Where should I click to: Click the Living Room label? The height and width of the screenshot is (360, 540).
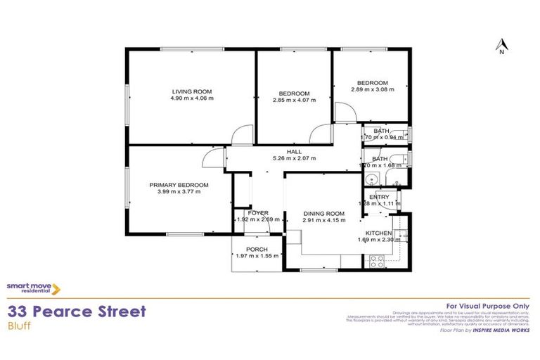click(x=192, y=91)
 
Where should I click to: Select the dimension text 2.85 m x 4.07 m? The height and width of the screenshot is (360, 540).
click(x=294, y=101)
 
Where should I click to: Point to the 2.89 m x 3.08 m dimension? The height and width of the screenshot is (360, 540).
click(x=373, y=89)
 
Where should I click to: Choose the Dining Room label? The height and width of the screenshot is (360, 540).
click(x=323, y=214)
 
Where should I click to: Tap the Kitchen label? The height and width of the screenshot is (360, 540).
click(x=378, y=233)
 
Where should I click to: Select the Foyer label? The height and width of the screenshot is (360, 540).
click(x=257, y=212)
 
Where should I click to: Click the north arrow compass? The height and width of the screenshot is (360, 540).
click(x=501, y=46)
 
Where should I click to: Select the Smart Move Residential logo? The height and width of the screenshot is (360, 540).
click(x=33, y=288)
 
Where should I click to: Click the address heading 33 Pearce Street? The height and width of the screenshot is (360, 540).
click(x=77, y=311)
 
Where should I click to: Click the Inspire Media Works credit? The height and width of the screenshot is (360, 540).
click(x=500, y=329)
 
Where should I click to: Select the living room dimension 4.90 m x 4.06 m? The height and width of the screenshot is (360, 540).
click(x=192, y=98)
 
